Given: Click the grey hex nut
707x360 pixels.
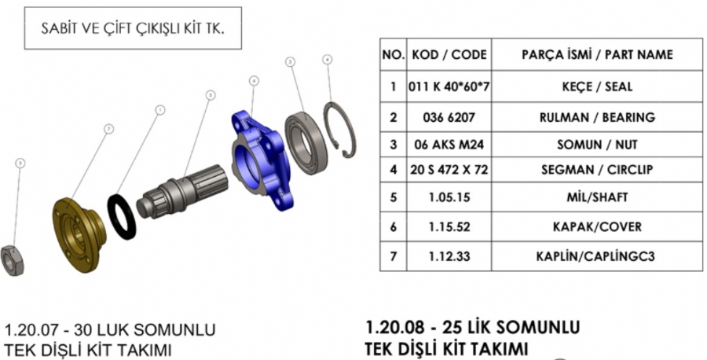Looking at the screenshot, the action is [x=12, y=261].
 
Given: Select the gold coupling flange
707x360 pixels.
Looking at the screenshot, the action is [x=78, y=234].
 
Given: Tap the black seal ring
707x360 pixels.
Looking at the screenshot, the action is [x=121, y=216].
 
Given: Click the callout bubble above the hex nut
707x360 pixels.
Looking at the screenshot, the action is [x=20, y=163].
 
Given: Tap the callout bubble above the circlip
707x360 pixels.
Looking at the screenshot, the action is [x=328, y=59].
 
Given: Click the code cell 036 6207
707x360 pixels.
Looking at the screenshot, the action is [x=449, y=117].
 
